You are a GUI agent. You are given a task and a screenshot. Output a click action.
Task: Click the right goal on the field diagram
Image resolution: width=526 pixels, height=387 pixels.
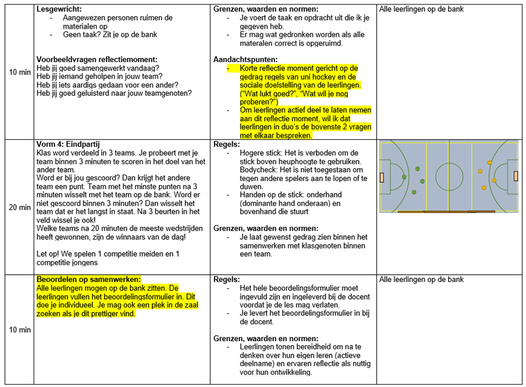pyautogui.click(x=516, y=176)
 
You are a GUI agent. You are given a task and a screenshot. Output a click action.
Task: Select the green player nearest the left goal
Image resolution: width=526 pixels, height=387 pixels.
pyautogui.click(x=404, y=177)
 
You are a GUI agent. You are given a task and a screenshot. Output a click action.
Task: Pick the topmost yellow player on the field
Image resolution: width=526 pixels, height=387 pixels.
pyautogui.click(x=489, y=162)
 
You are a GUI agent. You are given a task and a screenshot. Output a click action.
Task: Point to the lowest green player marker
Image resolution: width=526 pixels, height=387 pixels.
pyautogui.click(x=414, y=192)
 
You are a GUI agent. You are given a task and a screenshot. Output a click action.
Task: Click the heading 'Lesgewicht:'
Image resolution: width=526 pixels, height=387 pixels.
pyautogui.click(x=59, y=9)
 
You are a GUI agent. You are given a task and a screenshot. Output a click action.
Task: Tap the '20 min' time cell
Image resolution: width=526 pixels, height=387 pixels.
pyautogui.click(x=20, y=207)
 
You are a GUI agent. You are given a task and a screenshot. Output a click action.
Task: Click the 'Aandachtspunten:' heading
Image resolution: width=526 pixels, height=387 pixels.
pyautogui.click(x=246, y=60)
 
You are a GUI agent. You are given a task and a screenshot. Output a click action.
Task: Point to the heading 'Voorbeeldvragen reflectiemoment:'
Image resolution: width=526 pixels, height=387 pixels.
pyautogui.click(x=97, y=60)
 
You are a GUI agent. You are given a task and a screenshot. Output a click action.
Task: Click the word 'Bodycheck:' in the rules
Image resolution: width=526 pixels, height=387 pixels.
pyautogui.click(x=243, y=170)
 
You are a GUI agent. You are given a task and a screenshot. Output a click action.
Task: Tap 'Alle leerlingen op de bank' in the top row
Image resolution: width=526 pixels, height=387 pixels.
pyautogui.click(x=421, y=9)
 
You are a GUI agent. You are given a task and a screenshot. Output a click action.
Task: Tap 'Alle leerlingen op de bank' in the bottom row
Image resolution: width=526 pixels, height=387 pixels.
pyautogui.click(x=421, y=280)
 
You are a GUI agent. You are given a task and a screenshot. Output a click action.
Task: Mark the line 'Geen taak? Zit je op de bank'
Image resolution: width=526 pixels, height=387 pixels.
pyautogui.click(x=102, y=34)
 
